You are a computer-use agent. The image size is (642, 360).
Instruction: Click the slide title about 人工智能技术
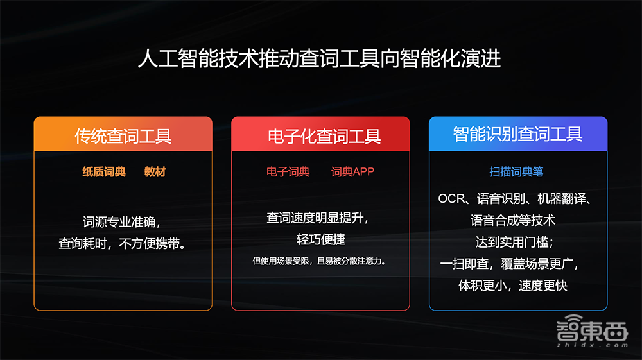pyautogui.click(x=319, y=60)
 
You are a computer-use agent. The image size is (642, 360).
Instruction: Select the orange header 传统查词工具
pyautogui.click(x=123, y=135)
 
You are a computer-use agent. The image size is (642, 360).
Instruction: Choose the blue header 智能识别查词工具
pyautogui.click(x=517, y=133)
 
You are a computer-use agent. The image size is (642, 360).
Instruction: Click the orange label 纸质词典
pyautogui.click(x=104, y=172)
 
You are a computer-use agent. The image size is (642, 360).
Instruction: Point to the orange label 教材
pyautogui.click(x=155, y=172)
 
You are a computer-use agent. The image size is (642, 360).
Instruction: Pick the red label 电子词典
pyautogui.click(x=288, y=172)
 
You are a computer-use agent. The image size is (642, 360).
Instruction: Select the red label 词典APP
pyautogui.click(x=352, y=172)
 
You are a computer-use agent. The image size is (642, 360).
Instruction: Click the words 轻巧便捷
pyautogui.click(x=321, y=239)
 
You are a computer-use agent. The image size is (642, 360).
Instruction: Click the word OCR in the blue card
pyautogui.click(x=451, y=199)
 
